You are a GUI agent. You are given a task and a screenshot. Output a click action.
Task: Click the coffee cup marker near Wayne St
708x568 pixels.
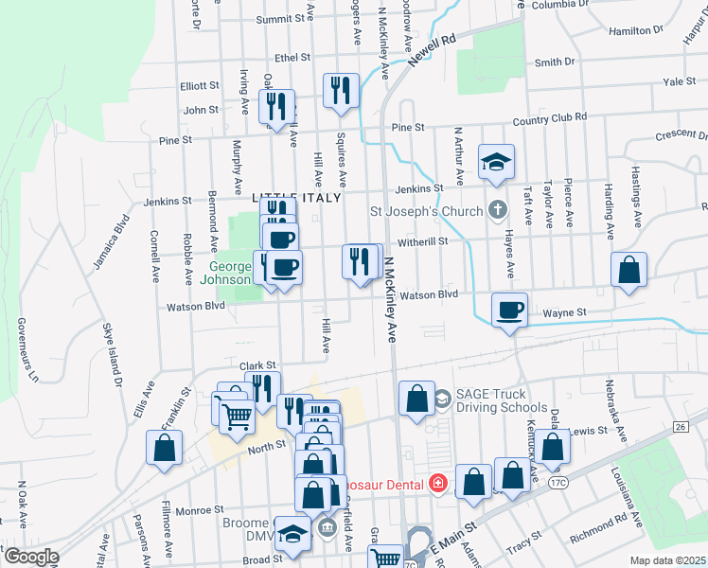point(510,310)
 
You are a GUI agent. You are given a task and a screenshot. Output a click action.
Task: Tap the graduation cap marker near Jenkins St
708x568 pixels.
point(495,162)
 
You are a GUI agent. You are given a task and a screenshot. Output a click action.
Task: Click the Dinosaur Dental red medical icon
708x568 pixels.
point(437,484)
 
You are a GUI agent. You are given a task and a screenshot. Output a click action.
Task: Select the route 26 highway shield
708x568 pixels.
point(680,428)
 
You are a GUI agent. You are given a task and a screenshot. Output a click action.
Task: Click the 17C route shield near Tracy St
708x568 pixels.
point(557,483)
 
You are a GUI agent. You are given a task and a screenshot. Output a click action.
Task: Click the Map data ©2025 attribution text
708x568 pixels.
point(667,560)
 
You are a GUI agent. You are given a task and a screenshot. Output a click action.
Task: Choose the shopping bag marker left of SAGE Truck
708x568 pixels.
point(416,398)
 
